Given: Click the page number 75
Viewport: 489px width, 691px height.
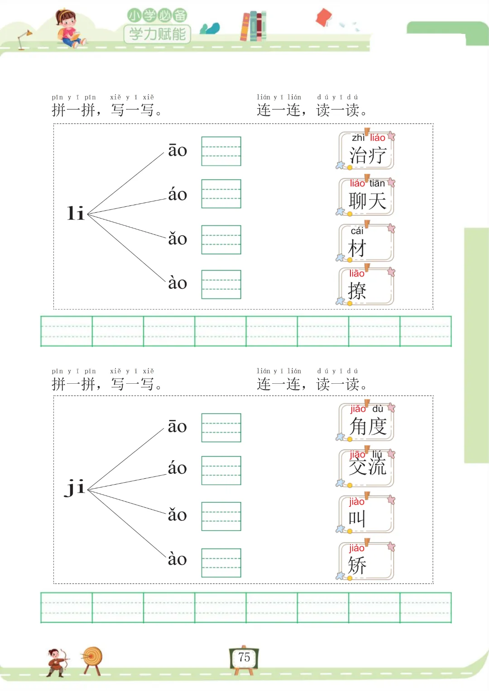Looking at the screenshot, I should pyautogui.click(x=244, y=657).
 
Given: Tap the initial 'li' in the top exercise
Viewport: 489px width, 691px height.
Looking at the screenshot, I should pyautogui.click(x=76, y=213).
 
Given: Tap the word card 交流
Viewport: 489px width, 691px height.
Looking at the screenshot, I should pyautogui.click(x=367, y=467).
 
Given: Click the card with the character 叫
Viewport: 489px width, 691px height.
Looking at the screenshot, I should pyautogui.click(x=366, y=515).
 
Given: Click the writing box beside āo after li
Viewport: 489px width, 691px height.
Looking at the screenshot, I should pyautogui.click(x=221, y=151).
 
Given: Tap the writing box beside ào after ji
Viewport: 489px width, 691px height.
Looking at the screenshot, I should pyautogui.click(x=221, y=562).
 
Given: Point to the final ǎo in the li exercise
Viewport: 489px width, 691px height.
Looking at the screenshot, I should pyautogui.click(x=177, y=238).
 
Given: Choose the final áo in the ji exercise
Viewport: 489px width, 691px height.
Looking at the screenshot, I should pyautogui.click(x=177, y=468).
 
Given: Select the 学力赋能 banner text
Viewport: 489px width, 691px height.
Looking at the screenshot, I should pyautogui.click(x=157, y=34).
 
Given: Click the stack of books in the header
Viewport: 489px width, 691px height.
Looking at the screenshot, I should pyautogui.click(x=253, y=26).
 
